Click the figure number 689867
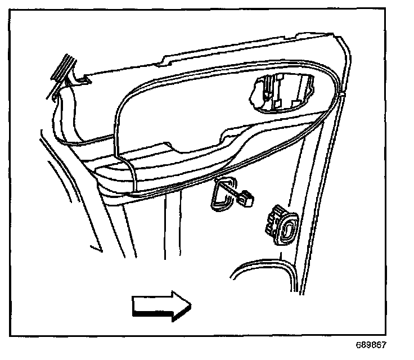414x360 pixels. click(371, 345)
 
